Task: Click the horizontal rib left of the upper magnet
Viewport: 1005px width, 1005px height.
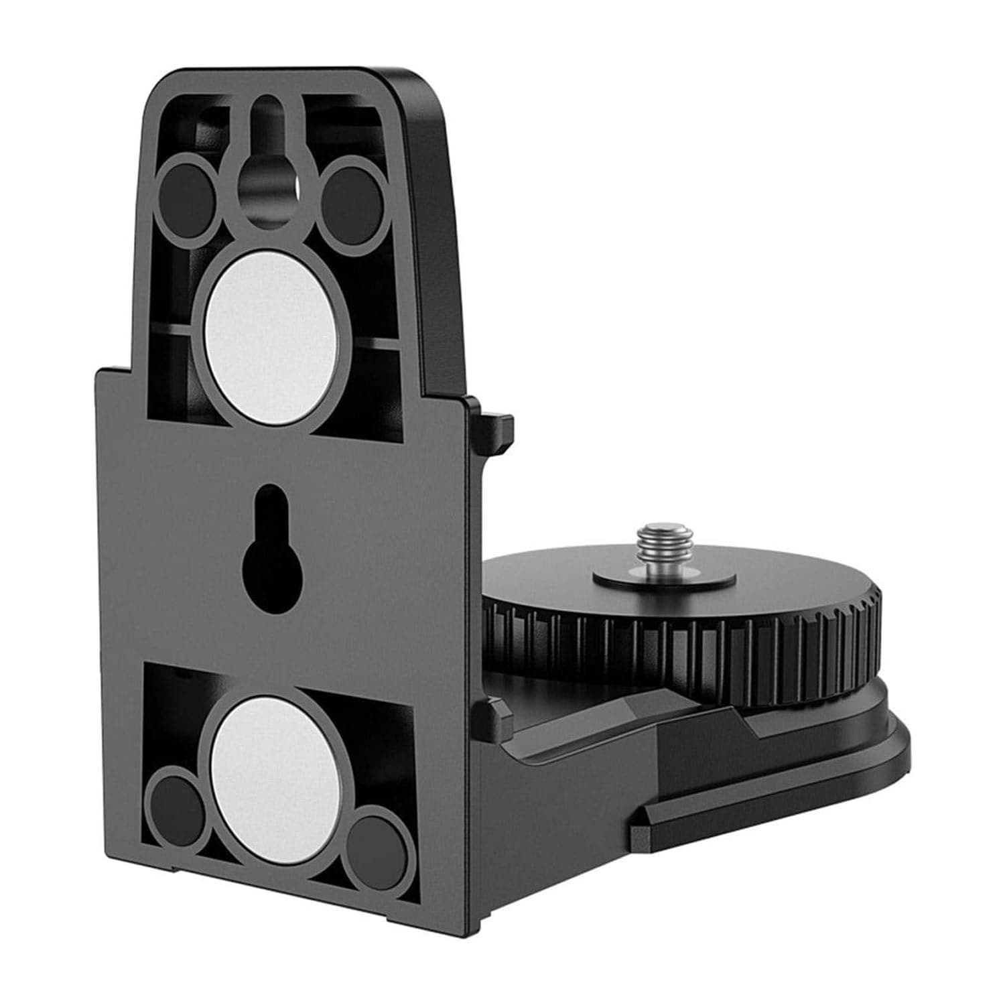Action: click(172, 328)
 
